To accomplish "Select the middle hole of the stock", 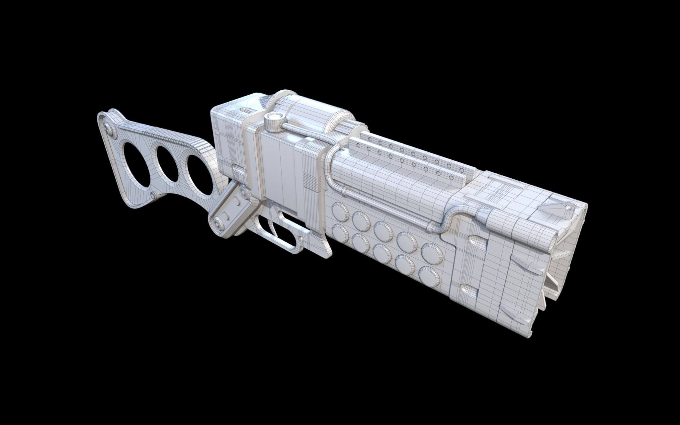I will (x=165, y=164).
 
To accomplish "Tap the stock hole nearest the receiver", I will (x=200, y=175).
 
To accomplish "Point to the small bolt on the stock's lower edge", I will (x=153, y=194).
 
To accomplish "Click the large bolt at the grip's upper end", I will (x=245, y=193).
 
